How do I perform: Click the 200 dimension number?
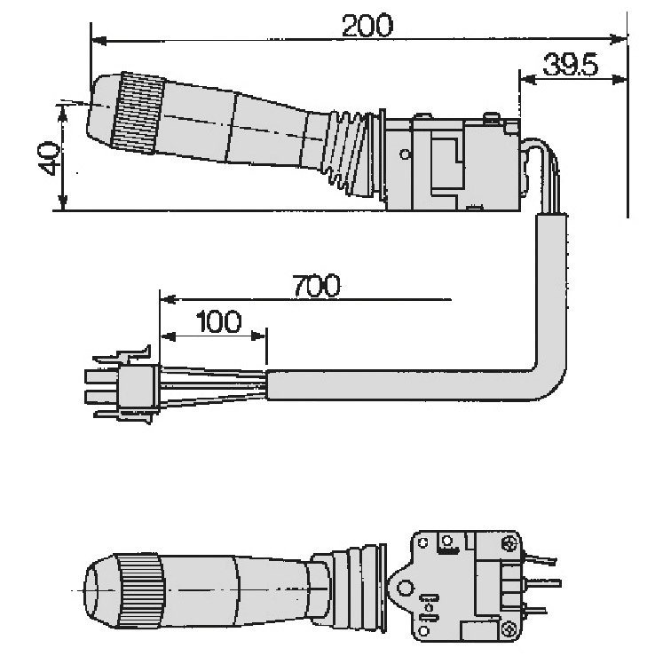[x=367, y=26]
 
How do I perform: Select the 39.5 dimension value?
[x=571, y=65]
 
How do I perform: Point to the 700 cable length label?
[x=316, y=285]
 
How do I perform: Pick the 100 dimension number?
[x=219, y=321]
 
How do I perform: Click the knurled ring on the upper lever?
[x=138, y=113]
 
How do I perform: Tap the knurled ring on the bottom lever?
[x=139, y=590]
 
